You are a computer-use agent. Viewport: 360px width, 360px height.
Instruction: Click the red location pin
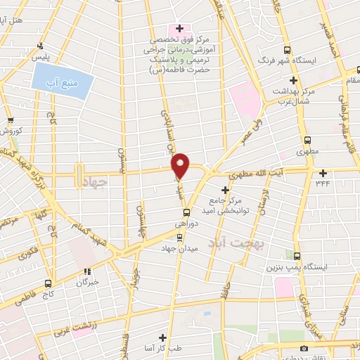click(x=181, y=164)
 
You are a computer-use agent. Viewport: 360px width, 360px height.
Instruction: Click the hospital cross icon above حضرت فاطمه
click(x=180, y=29)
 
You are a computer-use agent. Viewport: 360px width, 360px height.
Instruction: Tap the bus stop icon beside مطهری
click(x=307, y=140)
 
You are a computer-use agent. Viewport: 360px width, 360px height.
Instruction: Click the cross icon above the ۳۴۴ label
click(x=323, y=173)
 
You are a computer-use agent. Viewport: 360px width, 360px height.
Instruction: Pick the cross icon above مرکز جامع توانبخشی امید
click(x=226, y=190)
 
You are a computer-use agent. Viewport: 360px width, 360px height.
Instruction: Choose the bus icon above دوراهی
click(x=186, y=212)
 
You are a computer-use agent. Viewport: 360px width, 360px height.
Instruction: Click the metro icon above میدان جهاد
click(x=179, y=236)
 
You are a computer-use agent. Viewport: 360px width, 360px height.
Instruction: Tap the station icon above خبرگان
click(x=88, y=271)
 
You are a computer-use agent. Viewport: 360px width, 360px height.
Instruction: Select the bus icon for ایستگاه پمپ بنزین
click(x=296, y=256)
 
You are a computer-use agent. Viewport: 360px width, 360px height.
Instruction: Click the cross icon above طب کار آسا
click(x=163, y=337)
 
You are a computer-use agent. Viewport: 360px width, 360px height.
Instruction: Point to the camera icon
click(x=304, y=348)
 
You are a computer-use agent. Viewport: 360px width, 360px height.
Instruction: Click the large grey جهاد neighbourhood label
click(x=94, y=183)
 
